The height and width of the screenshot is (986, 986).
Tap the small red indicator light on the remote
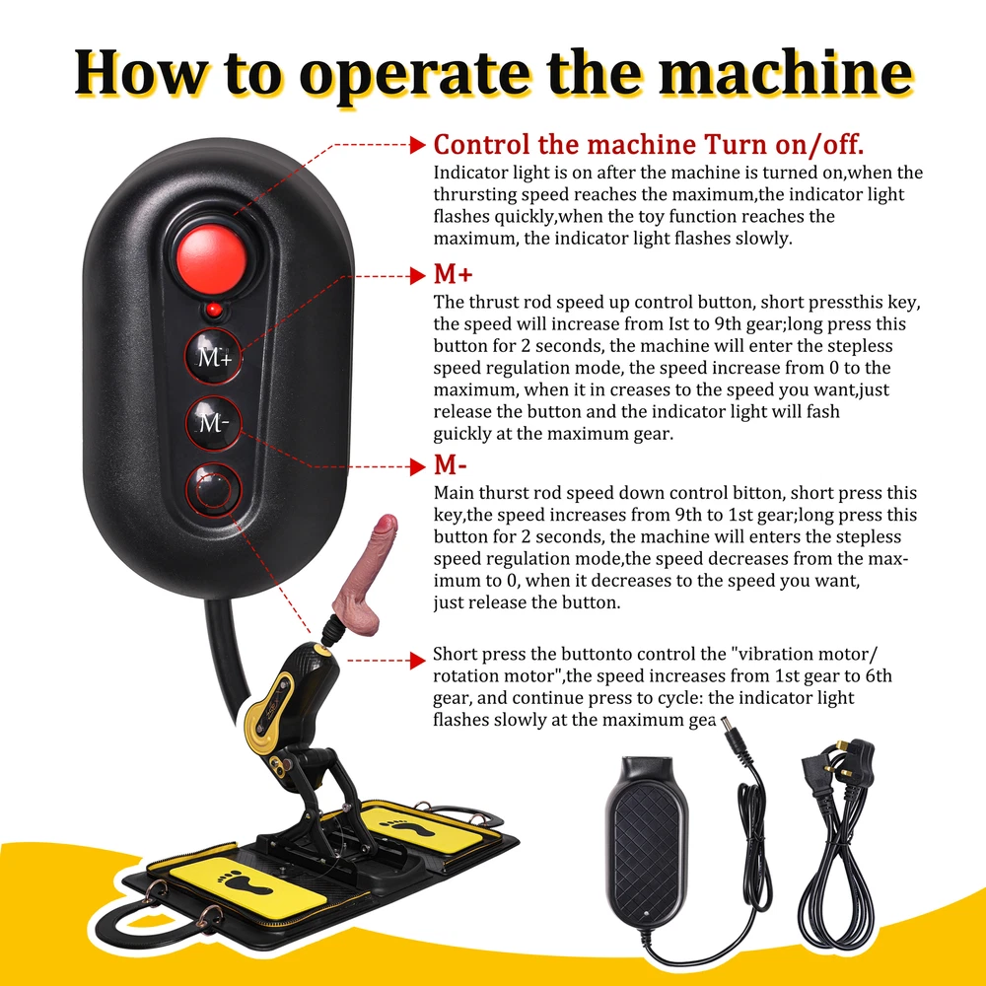214,310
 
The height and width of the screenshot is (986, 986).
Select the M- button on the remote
213,422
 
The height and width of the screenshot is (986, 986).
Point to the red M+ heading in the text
453,275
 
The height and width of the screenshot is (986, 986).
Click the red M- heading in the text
451,465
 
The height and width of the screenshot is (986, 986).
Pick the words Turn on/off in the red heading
784,145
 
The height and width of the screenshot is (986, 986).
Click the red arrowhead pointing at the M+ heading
417,275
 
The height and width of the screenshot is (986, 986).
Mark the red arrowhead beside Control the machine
417,145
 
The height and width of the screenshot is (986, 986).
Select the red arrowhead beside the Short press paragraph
417,661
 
